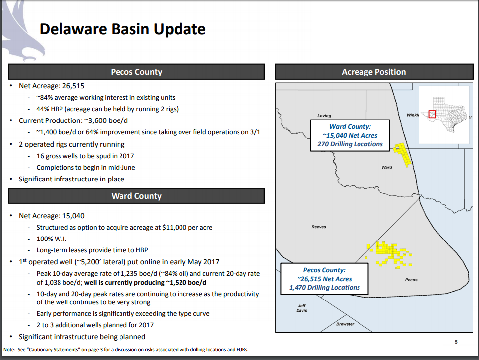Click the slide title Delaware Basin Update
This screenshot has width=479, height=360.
[122, 29]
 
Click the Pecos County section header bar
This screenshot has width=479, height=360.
[136, 72]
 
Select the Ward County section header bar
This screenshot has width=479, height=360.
[136, 196]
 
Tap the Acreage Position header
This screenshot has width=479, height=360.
[373, 72]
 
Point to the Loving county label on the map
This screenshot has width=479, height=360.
[324, 116]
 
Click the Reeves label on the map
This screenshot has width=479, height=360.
[319, 227]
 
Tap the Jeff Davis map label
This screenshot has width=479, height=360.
[302, 308]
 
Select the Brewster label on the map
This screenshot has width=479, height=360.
[345, 324]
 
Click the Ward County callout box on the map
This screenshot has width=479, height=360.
[350, 135]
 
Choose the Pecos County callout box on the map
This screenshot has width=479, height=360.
[324, 279]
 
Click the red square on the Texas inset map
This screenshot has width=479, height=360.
[432, 114]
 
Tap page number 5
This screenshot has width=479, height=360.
[456, 341]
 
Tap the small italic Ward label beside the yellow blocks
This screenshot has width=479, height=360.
[387, 167]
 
